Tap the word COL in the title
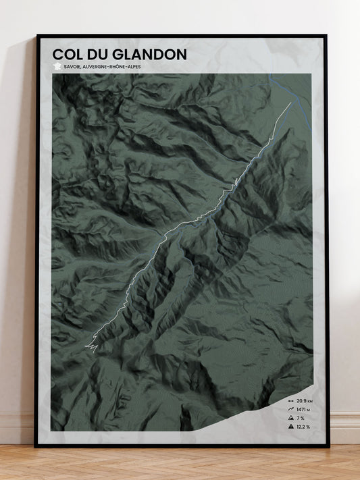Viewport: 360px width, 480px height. (69, 55)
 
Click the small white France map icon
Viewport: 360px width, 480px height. (57, 67)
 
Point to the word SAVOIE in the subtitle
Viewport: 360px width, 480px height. (72, 67)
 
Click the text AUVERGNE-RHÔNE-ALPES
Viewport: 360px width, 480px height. (113, 67)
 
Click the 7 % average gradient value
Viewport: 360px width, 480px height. (300, 418)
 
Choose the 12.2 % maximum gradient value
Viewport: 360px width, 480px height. (303, 427)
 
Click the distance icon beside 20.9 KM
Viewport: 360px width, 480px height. (290, 400)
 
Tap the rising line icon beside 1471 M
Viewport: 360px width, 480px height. (290, 409)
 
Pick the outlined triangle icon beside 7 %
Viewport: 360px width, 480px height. (290, 418)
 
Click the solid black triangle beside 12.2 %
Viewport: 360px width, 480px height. (290, 427)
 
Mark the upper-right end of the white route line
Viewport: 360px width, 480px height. (290, 103)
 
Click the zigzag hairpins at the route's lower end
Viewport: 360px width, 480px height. (91, 346)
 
